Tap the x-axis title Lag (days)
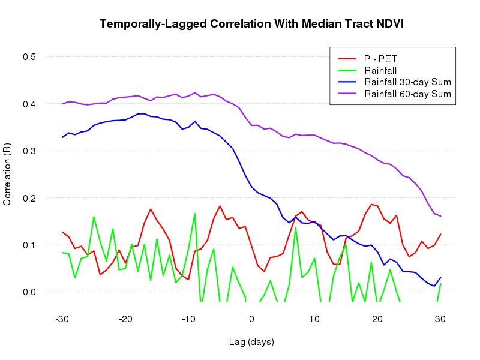(251, 342)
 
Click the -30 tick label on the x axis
(61, 318)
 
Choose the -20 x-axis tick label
(124, 318)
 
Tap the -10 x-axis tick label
(187, 318)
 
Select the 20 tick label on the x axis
(377, 318)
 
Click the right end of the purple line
(440, 216)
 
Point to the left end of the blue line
(62, 137)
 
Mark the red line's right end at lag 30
(440, 234)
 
